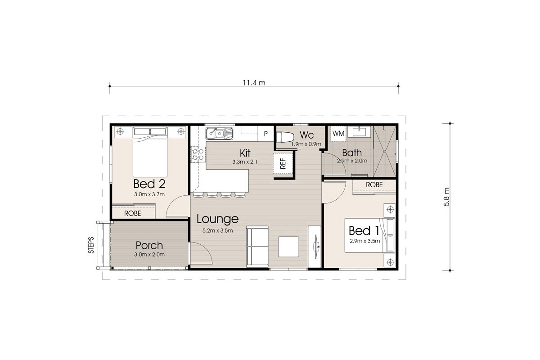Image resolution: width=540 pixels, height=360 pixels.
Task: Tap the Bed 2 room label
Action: point(149,184)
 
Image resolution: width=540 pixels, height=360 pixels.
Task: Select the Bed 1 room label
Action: point(364,231)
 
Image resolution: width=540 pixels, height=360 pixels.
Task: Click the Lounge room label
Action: point(217,219)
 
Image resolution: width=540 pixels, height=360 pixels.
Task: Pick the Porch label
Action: point(149,246)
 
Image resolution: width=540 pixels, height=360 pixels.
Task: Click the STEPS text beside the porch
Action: point(91,245)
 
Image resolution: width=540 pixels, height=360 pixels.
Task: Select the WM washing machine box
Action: point(338,133)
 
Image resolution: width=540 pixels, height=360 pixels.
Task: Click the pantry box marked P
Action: point(265,134)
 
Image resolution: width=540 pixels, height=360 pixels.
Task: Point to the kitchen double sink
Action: point(219,133)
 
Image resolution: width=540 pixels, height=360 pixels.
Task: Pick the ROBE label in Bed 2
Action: point(132,214)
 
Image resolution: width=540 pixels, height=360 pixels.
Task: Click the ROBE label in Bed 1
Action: point(374,185)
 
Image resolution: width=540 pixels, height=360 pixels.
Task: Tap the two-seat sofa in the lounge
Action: point(257,247)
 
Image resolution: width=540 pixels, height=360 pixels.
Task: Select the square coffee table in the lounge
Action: point(288,246)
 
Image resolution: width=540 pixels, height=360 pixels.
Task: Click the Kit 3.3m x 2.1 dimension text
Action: point(245,162)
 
